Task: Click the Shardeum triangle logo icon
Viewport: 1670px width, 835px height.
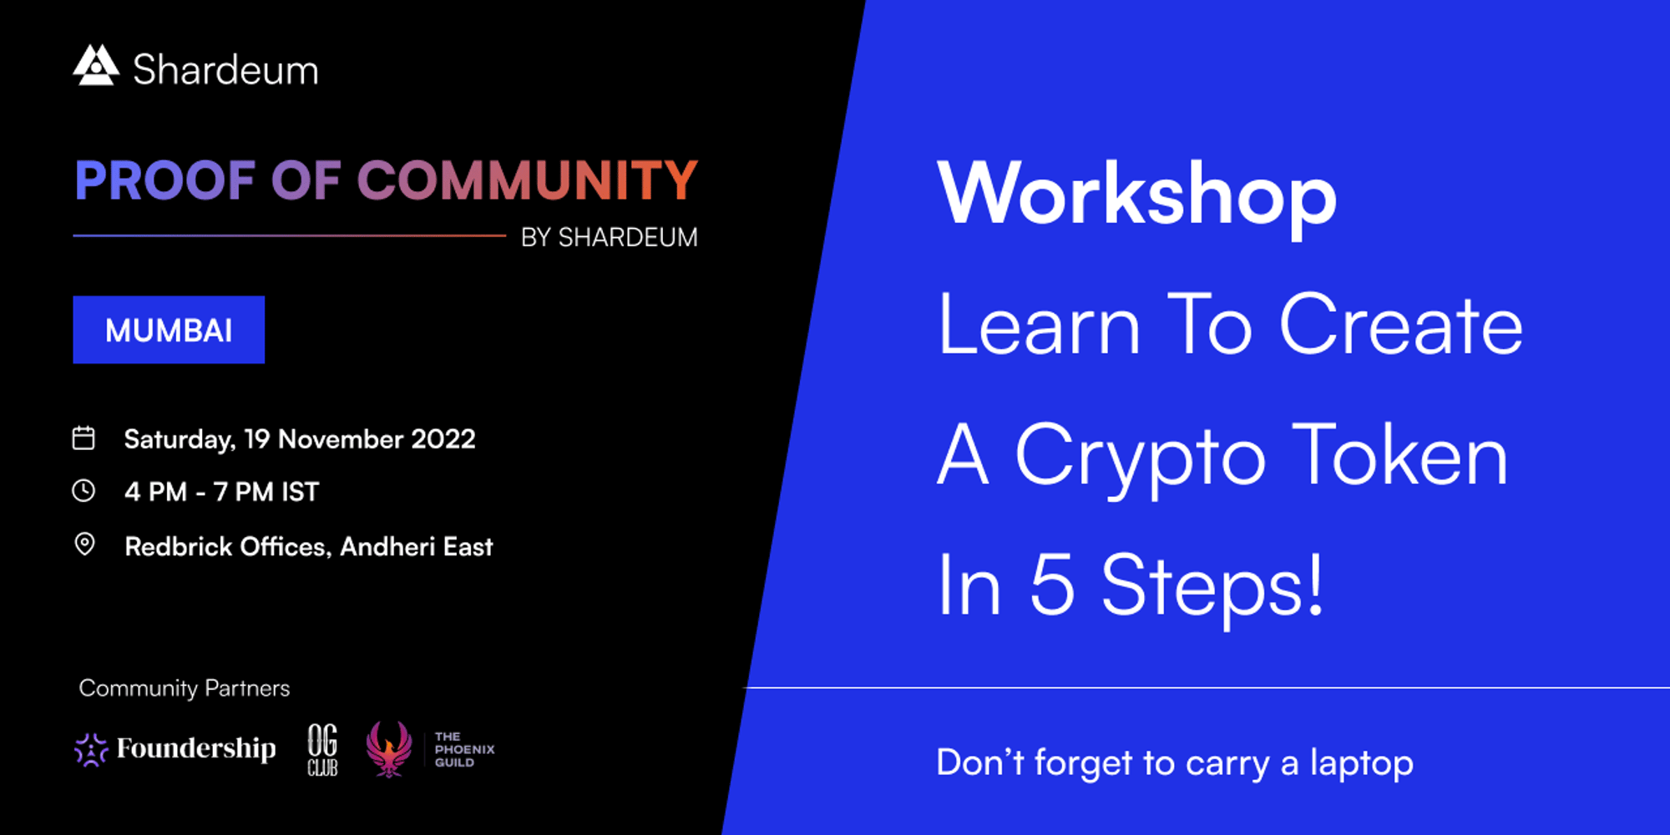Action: click(x=96, y=65)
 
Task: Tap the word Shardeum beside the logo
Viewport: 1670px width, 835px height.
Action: click(x=225, y=69)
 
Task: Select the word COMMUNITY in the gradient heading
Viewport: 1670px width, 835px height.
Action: click(x=528, y=180)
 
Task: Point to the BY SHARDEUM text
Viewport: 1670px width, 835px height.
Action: click(x=610, y=238)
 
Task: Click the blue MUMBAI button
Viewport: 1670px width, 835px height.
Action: click(x=169, y=330)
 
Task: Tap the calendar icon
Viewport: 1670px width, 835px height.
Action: click(x=83, y=438)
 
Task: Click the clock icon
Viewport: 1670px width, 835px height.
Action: click(x=83, y=490)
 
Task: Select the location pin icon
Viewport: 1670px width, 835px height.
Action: click(x=84, y=544)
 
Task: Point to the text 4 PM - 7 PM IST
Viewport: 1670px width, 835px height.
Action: click(x=222, y=492)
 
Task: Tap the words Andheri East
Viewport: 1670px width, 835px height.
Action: click(x=417, y=547)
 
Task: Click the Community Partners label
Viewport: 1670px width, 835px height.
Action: click(x=185, y=688)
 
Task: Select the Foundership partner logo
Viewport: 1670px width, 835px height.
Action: click(x=175, y=749)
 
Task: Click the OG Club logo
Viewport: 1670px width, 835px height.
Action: click(x=322, y=749)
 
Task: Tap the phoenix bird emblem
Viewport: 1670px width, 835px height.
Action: click(x=389, y=749)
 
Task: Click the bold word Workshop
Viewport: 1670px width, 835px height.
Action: click(x=1137, y=195)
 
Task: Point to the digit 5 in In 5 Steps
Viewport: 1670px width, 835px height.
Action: click(x=1052, y=585)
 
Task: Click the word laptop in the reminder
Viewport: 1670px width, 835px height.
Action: click(x=1362, y=763)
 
